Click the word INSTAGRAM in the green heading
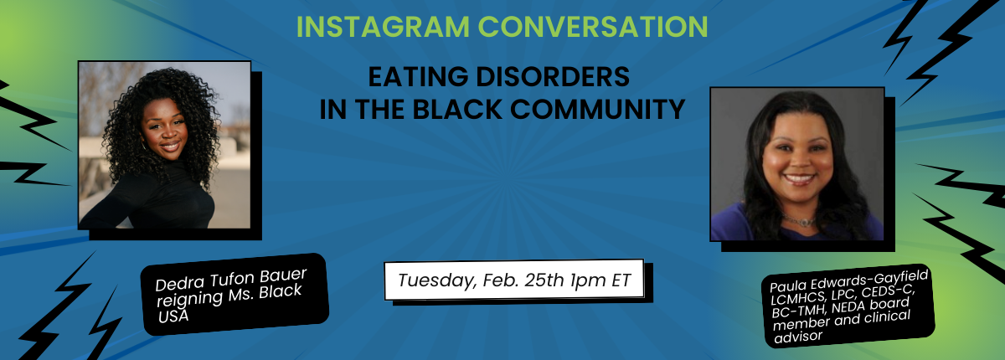click(x=383, y=27)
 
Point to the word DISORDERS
click(x=553, y=76)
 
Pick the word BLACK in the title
click(x=457, y=109)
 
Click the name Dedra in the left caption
click(x=180, y=284)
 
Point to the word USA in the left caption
click(x=173, y=316)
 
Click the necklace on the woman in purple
click(x=798, y=220)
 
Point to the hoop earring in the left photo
click(x=144, y=145)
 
